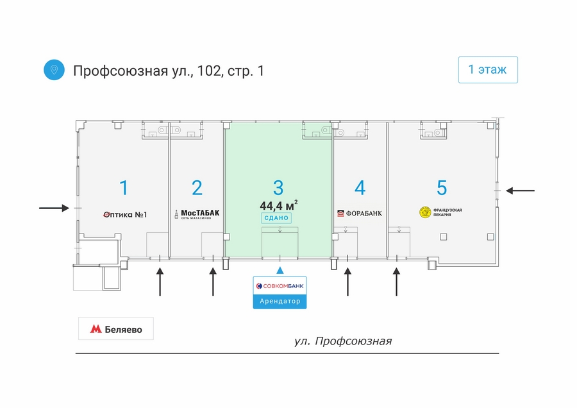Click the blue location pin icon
pos(54,70)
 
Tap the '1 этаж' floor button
pos(488,69)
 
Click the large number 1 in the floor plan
pos(124,188)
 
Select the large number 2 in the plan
pos(197,188)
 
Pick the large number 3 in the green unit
pos(278,188)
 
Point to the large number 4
pos(360,188)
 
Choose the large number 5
pos(442,188)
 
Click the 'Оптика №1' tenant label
pos(125,215)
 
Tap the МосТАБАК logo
pos(197,214)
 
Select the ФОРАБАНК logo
pos(360,213)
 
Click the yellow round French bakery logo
pos(425,212)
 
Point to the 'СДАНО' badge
pos(276,218)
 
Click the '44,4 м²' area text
pos(279,205)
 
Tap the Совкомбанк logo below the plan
pos(280,285)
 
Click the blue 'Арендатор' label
pos(280,302)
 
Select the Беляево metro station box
pos(116,328)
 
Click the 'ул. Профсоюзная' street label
pos(343,341)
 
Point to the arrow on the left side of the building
pos(54,208)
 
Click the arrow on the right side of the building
pos(520,191)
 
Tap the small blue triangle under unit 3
pos(280,271)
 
